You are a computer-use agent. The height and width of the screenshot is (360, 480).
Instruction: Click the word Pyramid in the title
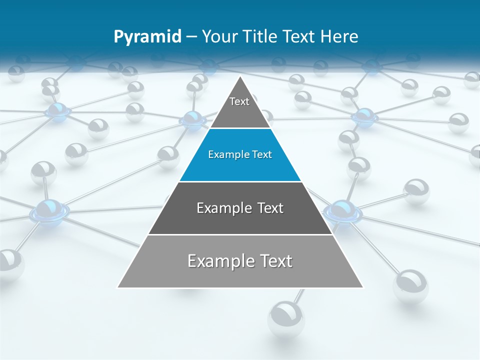(x=147, y=37)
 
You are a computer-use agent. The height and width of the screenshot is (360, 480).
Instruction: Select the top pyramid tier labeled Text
(x=240, y=107)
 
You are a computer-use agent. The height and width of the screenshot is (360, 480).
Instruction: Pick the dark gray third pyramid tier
(x=240, y=215)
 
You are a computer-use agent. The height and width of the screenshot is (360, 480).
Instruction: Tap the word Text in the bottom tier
(x=273, y=261)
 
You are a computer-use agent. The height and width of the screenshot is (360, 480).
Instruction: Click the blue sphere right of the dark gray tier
(x=342, y=211)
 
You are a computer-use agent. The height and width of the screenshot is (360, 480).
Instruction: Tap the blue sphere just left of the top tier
(x=192, y=119)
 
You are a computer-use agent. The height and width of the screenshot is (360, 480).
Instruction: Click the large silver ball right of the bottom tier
(x=410, y=286)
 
